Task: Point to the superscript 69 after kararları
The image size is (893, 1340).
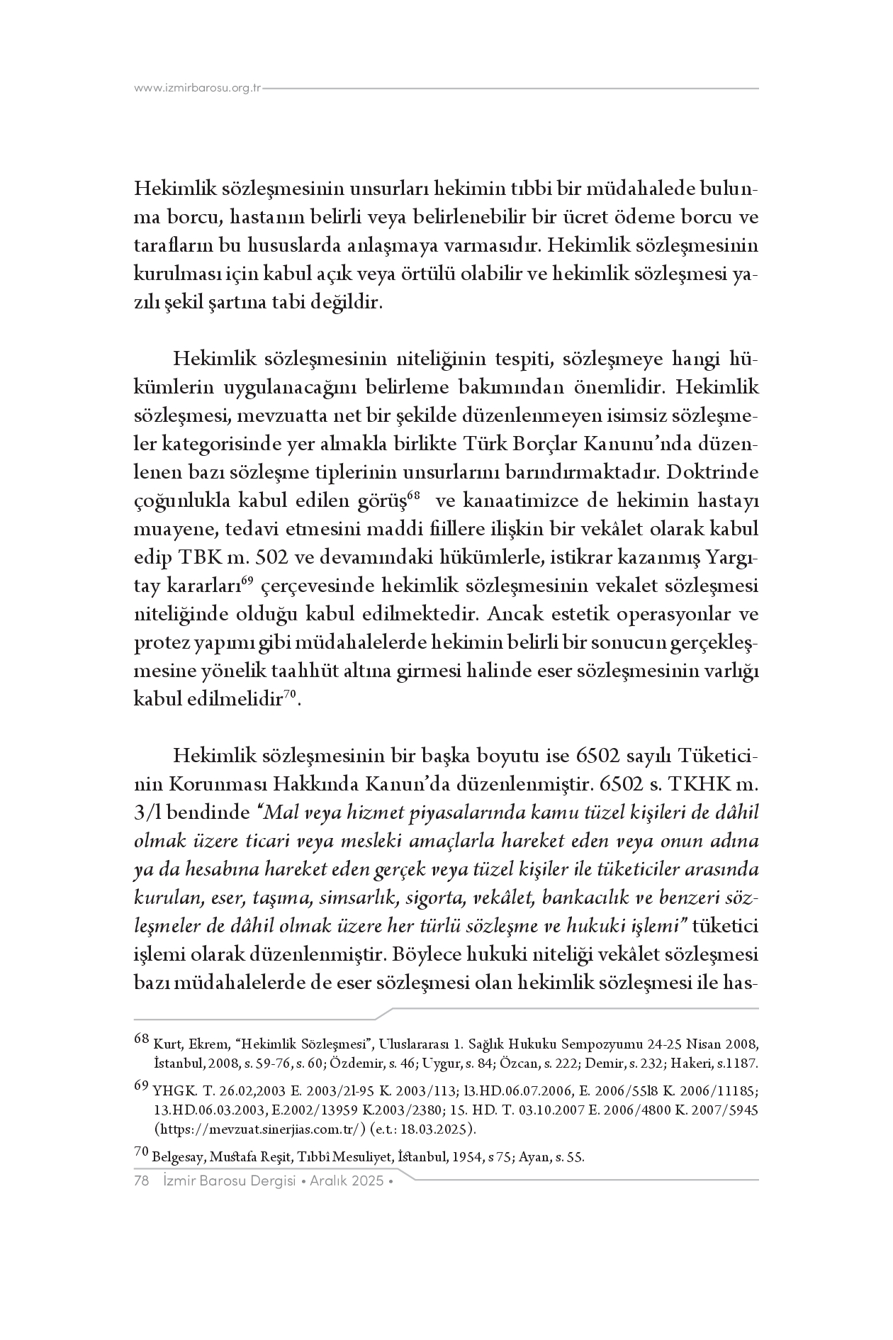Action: pos(247,581)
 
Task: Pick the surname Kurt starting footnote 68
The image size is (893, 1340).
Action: pos(166,1044)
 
